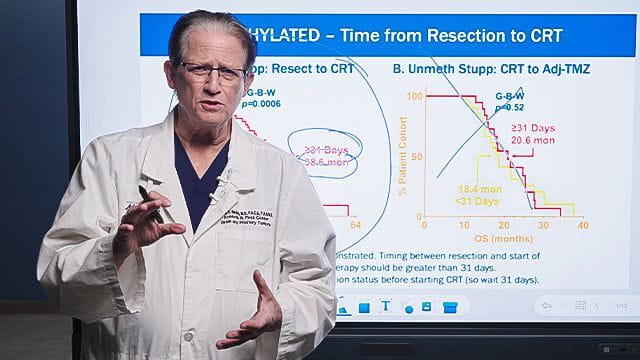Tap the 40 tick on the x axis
pos(582,227)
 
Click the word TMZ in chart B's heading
pos(577,71)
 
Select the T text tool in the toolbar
pos(385,307)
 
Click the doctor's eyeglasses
pos(211,73)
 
